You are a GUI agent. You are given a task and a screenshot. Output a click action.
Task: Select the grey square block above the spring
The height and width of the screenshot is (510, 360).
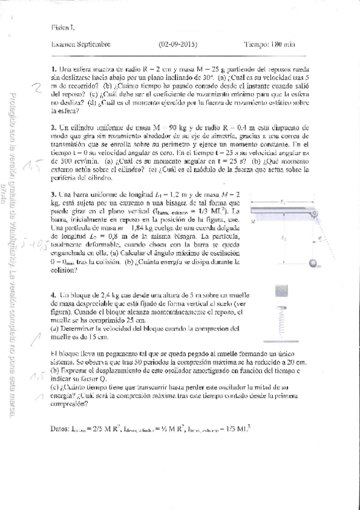click(x=281, y=290)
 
